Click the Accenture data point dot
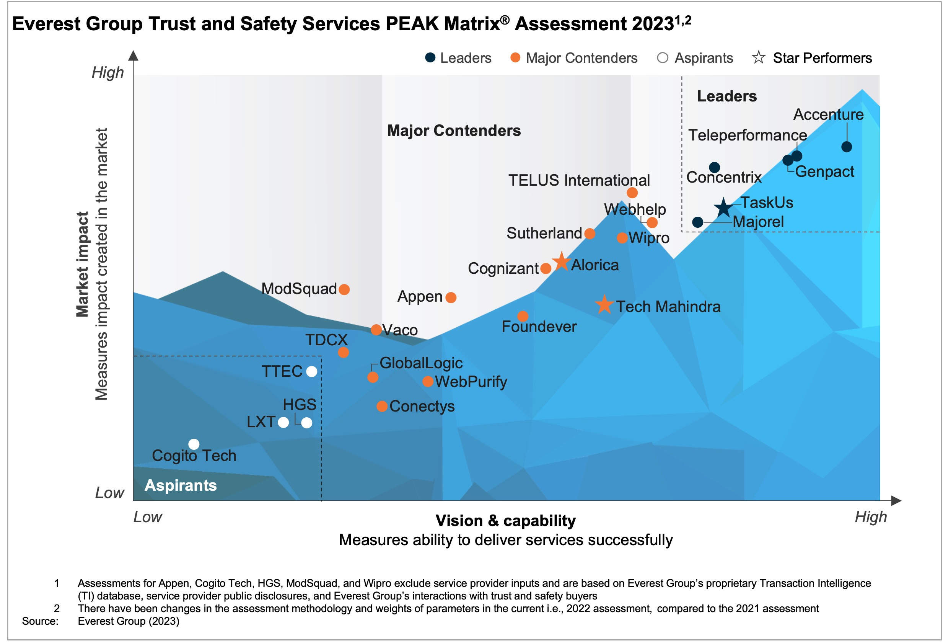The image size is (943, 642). point(847,147)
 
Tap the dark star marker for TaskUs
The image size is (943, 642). point(723,208)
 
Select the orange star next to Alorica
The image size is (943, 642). point(562,261)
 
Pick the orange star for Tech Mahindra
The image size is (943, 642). point(604,305)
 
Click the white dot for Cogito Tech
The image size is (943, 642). point(194,444)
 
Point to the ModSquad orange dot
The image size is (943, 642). point(344,289)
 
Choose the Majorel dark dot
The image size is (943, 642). point(697,222)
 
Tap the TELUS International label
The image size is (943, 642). point(579,180)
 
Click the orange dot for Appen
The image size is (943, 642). point(451,298)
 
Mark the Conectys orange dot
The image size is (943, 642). point(382,406)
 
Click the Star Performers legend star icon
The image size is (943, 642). point(758,58)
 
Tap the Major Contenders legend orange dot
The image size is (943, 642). point(515,58)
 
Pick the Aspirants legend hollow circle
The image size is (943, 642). point(663,58)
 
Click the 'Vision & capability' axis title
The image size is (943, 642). point(506,521)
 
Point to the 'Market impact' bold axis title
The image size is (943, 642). point(83,264)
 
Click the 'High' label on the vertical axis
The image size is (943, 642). point(107,73)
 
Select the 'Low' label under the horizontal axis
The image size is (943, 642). point(148,517)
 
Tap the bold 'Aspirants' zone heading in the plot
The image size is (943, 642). point(181,485)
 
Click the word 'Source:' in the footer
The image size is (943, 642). point(40,621)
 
